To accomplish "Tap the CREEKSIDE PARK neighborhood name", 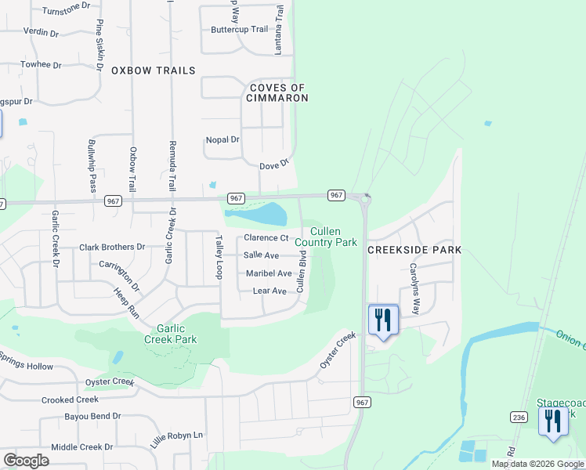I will pos(414,250).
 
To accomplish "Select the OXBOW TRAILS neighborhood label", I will pos(153,70).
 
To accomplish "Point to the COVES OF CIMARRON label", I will pos(278,92).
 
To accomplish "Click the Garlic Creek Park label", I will pos(170,334).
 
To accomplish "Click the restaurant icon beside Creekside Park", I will pos(383,320).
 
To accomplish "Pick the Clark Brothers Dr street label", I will pos(112,247).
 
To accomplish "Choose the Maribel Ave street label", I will pos(269,273).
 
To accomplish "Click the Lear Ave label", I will pos(269,291).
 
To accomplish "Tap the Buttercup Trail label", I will pos(239,30).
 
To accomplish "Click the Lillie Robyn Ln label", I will pos(177,435).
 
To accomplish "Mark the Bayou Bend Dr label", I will pos(92,416).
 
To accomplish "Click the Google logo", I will pos(26,460).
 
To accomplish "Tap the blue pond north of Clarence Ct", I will pos(264,213).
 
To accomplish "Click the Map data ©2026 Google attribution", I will pos(537,464).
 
